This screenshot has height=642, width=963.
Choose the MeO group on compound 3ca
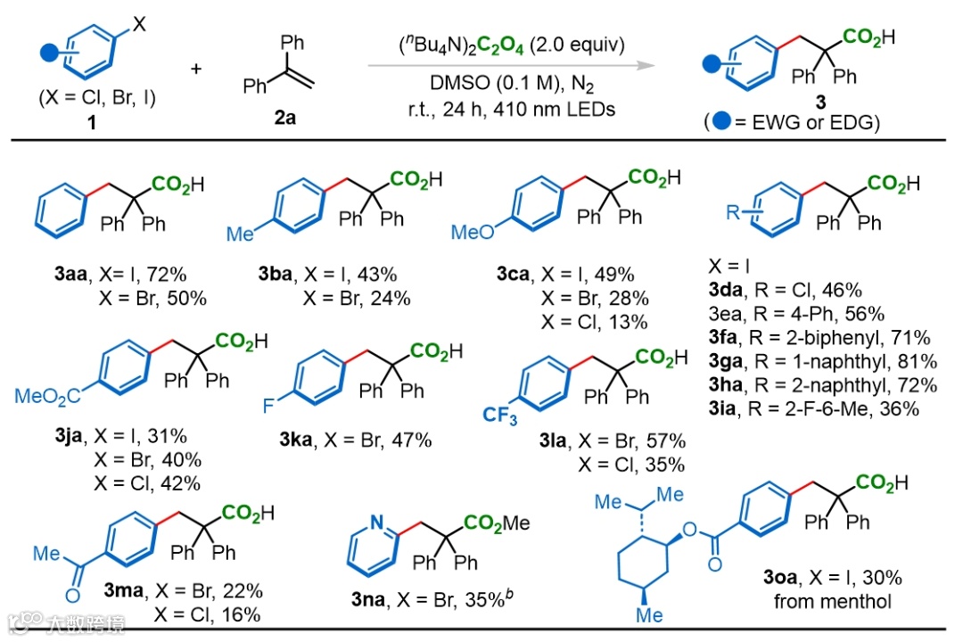(473, 232)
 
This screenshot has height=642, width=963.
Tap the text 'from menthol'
(832, 602)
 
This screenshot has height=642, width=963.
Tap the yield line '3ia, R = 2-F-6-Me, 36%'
(818, 408)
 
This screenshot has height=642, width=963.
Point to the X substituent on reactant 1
(140, 26)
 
